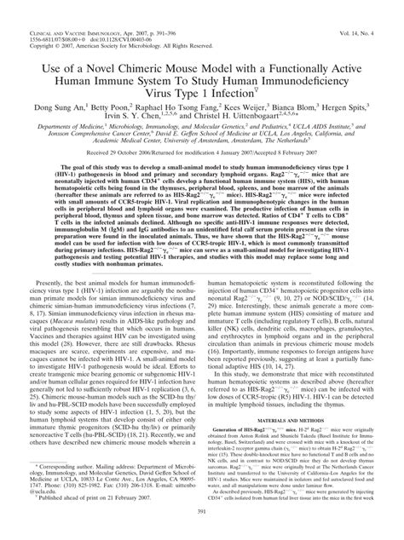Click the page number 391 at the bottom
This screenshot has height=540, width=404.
[x=201, y=533]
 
